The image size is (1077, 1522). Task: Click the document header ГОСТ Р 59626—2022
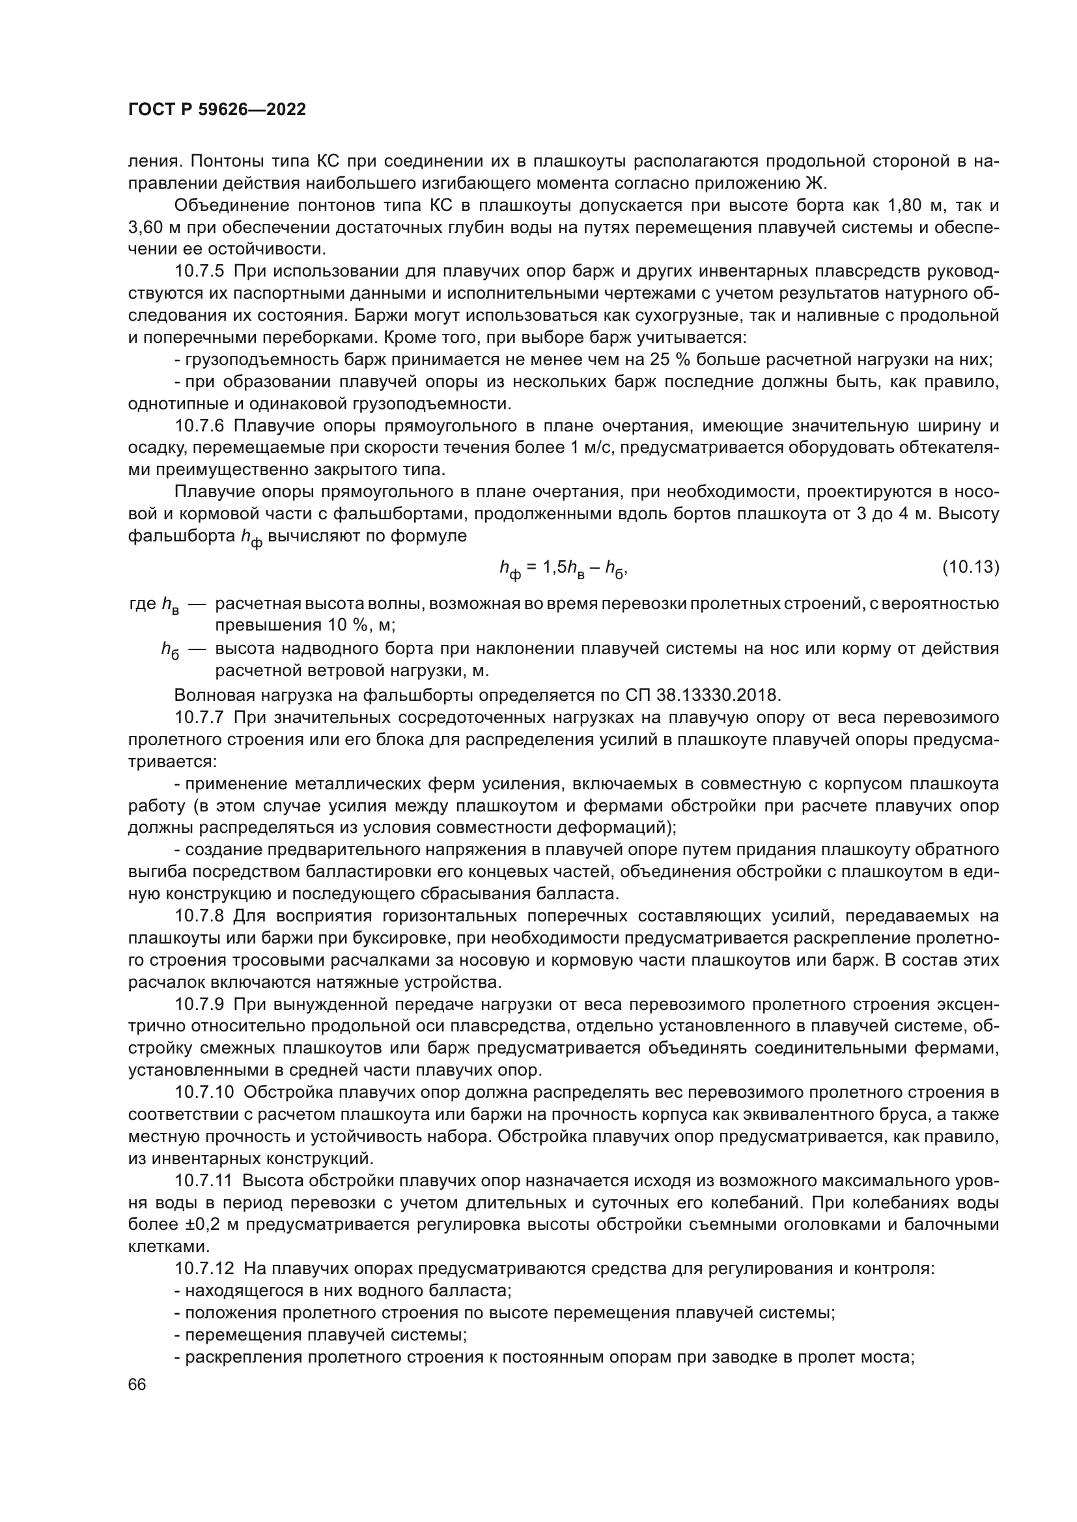click(x=217, y=110)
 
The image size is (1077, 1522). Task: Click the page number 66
click(x=137, y=1384)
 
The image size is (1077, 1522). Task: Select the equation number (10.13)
click(x=970, y=567)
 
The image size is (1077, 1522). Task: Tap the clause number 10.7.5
click(x=200, y=271)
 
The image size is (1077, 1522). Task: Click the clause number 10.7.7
click(x=200, y=717)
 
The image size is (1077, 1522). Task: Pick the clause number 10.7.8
click(x=200, y=916)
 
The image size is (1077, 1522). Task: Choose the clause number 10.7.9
click(x=200, y=1004)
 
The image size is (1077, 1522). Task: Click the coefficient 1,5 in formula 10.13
click(x=555, y=567)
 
